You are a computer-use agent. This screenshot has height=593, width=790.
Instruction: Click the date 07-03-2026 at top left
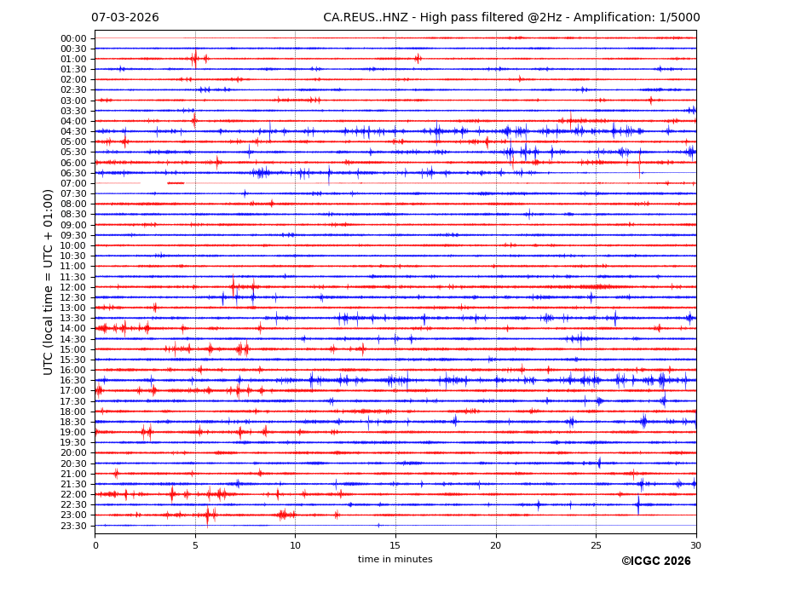coord(124,18)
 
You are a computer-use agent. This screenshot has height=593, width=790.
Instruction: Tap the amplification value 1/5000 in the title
coord(680,18)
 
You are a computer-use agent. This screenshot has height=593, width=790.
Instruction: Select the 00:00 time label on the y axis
coord(73,38)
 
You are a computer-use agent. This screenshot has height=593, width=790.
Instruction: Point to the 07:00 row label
coord(73,183)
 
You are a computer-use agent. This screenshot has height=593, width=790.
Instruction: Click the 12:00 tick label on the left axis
coord(73,287)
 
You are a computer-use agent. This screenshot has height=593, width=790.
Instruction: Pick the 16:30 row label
coord(73,380)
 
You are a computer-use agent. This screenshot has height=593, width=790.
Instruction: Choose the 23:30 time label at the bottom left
coord(73,526)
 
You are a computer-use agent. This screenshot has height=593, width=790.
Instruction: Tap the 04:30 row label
coord(73,131)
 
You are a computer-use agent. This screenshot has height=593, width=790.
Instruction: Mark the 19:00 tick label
coord(73,432)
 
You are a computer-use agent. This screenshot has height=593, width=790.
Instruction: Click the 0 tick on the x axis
coord(95,545)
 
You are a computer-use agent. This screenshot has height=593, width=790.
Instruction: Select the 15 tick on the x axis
coord(395,545)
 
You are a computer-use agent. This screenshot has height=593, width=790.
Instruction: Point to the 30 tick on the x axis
coord(695,545)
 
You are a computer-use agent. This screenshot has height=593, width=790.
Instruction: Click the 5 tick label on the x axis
coord(195,545)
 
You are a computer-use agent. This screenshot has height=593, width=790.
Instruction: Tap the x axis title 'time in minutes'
coord(395,560)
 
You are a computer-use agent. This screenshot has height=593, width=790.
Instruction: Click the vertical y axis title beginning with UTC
coord(49,282)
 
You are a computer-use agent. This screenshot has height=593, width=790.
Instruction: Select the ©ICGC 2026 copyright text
coord(655,561)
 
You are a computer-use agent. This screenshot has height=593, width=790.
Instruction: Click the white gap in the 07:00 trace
coord(153,183)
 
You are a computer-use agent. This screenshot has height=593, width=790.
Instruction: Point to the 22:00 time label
coord(73,494)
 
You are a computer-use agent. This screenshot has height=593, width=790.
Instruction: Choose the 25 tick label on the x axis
coord(596,545)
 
